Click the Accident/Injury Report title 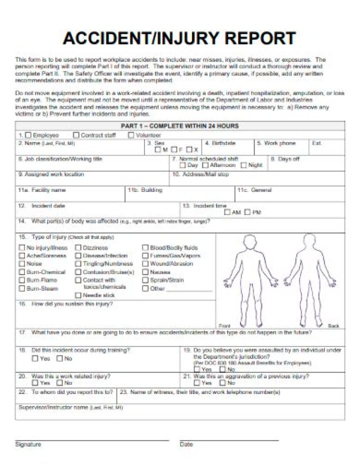pos(179,38)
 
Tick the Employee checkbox pos(28,135)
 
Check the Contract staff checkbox pos(76,135)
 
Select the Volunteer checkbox pos(131,135)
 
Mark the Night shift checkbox pos(243,165)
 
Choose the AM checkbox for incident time pos(227,212)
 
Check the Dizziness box pos(78,247)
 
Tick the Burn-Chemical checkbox pos(21,272)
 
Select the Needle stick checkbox pos(78,295)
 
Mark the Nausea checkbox pos(145,272)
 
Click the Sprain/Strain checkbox pos(145,280)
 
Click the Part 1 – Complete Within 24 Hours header pos(179,126)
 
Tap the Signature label pos(28,444)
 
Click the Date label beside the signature pos(186,444)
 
